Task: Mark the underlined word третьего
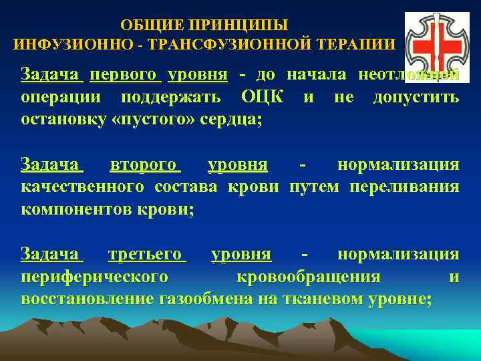[146, 254]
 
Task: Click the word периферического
[94, 276]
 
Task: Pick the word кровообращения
[309, 276]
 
